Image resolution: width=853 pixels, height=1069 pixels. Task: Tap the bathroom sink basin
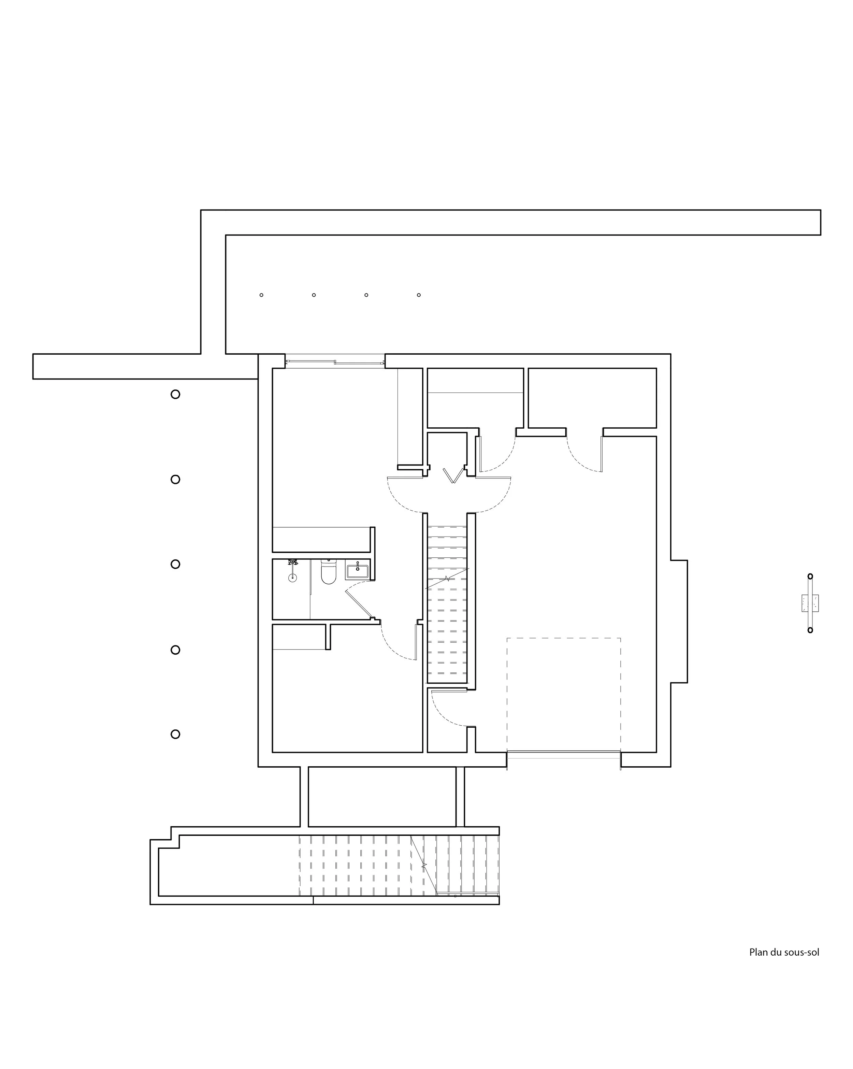click(x=357, y=571)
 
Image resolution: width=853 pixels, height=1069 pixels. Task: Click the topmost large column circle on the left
click(x=175, y=394)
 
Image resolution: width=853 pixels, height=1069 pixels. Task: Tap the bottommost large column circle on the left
click(x=175, y=734)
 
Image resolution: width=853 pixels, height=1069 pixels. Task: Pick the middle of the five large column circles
click(x=175, y=564)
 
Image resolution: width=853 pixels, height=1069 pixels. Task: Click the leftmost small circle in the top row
click(x=261, y=295)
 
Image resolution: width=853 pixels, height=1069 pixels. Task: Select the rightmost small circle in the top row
click(x=419, y=295)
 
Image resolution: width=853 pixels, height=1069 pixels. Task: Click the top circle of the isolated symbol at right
click(x=810, y=576)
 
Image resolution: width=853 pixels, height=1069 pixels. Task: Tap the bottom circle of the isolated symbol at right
click(x=810, y=630)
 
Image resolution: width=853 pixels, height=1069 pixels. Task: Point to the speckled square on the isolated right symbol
click(x=810, y=603)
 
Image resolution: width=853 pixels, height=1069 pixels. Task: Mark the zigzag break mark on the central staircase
click(x=447, y=578)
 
